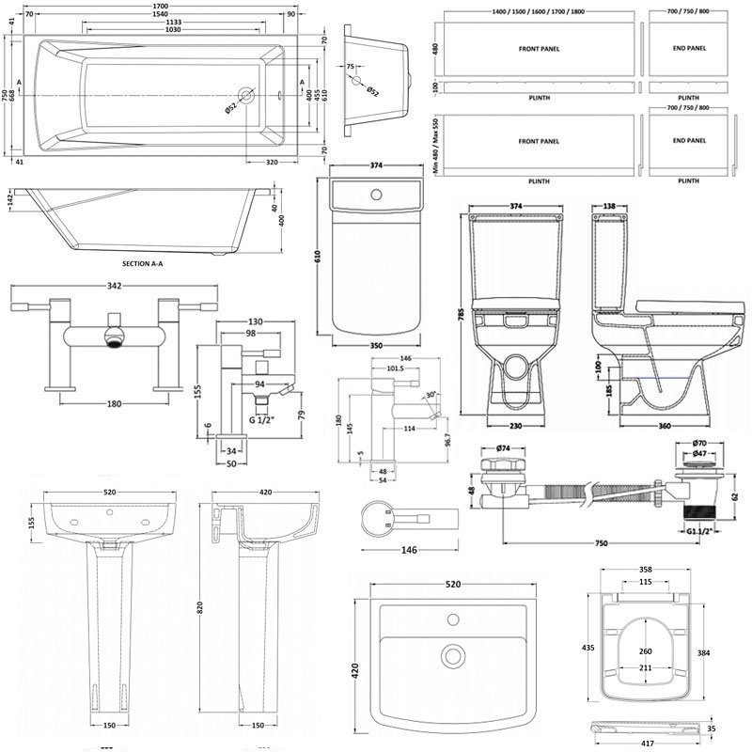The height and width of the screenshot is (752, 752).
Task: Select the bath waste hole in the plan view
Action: (x=247, y=95)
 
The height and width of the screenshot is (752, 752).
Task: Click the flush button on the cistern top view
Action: (x=376, y=195)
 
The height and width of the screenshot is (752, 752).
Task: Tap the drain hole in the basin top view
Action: (x=455, y=654)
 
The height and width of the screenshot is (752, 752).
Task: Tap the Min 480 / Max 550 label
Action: (x=434, y=147)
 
